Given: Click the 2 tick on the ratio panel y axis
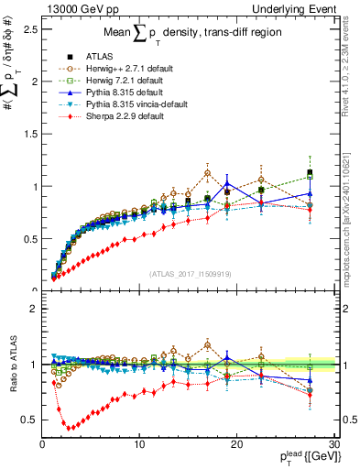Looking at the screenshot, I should [x=33, y=309].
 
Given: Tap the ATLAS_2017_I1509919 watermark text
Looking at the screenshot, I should [x=190, y=274].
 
